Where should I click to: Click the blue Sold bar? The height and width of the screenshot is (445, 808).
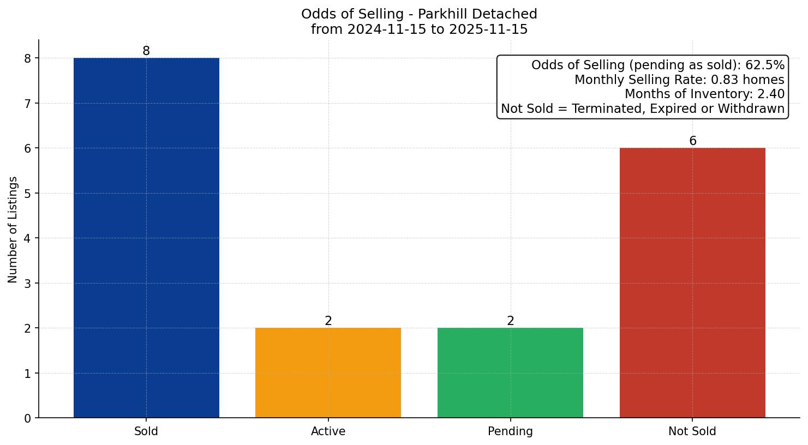click(x=146, y=238)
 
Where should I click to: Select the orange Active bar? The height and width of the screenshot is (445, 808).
click(x=328, y=372)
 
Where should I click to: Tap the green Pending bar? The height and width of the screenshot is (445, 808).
click(x=510, y=372)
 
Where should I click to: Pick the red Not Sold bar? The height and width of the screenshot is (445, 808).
click(x=692, y=282)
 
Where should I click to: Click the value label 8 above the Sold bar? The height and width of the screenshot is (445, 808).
click(x=146, y=51)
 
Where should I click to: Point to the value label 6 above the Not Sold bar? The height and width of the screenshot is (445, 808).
click(x=692, y=141)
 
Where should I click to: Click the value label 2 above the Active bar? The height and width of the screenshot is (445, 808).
click(x=328, y=321)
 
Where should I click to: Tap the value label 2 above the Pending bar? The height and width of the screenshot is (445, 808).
click(x=510, y=321)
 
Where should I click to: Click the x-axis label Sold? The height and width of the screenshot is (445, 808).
click(x=146, y=431)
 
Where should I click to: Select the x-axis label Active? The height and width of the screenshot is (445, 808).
click(x=328, y=431)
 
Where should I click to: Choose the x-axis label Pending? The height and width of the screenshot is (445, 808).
click(x=510, y=431)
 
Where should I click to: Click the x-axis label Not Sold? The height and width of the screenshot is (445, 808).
click(x=692, y=431)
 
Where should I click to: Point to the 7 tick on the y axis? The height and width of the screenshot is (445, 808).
click(x=28, y=103)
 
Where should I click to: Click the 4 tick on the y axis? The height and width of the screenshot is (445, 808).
click(x=28, y=238)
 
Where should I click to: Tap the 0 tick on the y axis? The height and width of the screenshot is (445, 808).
click(x=28, y=418)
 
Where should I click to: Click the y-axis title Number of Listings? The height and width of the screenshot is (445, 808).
click(x=13, y=229)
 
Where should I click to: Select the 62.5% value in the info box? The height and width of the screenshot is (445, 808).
click(x=765, y=65)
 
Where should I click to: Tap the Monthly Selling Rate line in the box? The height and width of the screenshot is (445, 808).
click(x=679, y=80)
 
